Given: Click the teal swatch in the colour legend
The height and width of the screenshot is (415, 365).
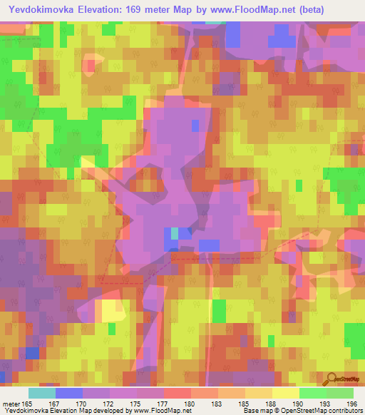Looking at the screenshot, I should (x=41, y=393).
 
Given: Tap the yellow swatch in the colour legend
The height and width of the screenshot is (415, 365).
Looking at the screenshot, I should (x=285, y=393).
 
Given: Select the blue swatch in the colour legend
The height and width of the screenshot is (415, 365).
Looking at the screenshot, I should (x=68, y=393).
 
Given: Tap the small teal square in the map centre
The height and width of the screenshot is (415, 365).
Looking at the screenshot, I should (x=175, y=233).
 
